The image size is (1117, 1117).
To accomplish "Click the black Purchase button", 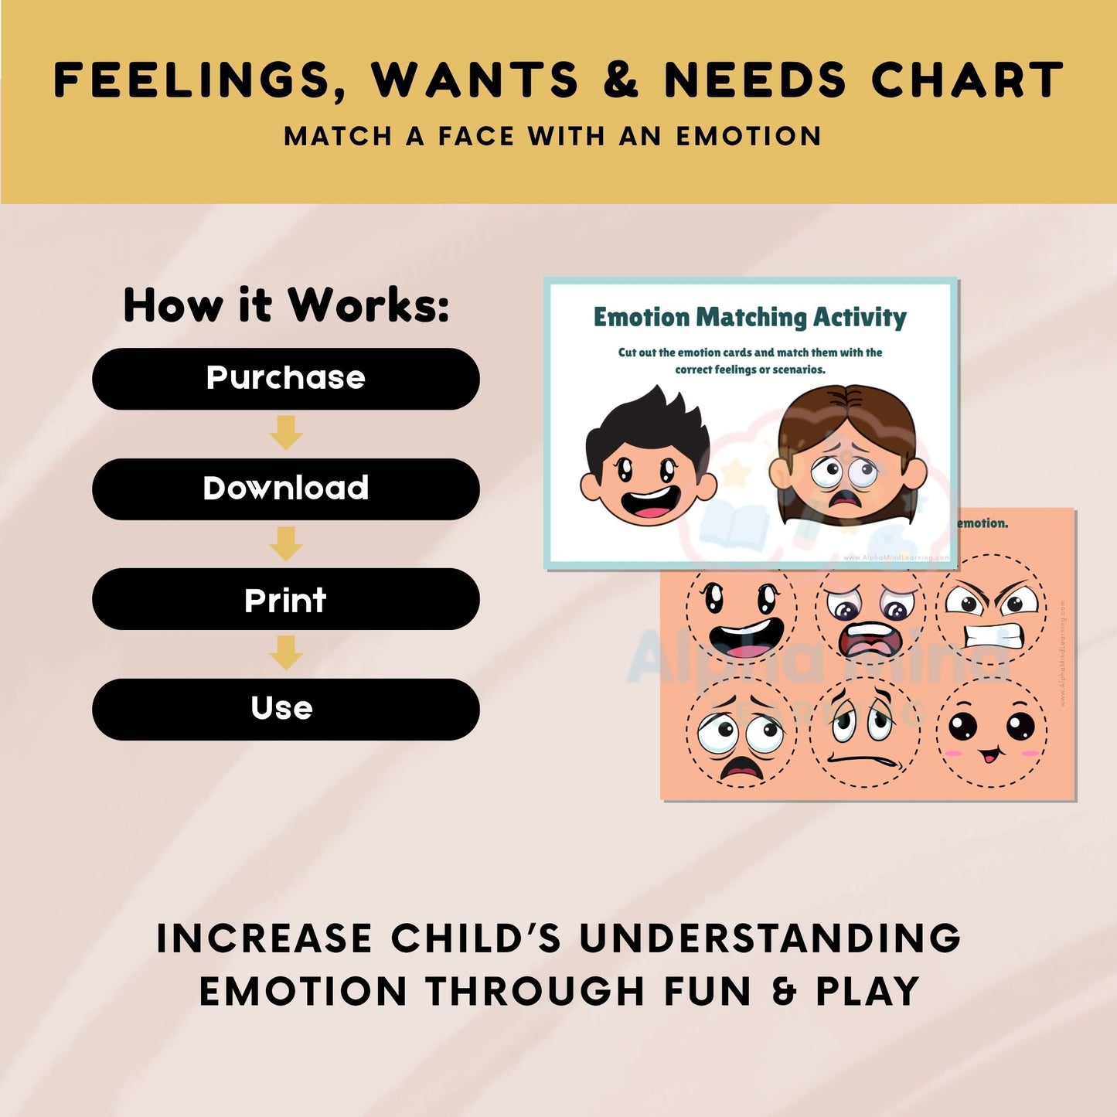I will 285,379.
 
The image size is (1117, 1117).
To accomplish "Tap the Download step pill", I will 285,489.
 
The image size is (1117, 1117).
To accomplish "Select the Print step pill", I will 285,600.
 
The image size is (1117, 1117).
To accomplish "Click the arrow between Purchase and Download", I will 285,433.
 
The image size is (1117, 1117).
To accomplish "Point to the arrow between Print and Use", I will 285,653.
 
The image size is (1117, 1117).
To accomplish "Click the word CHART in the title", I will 967,80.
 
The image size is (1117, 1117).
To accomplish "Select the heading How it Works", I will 286,305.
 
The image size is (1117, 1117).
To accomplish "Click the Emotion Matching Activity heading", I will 750,317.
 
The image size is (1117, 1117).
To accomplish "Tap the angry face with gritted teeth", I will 992,615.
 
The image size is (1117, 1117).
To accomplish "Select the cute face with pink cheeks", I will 992,732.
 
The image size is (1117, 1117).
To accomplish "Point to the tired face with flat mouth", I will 865,732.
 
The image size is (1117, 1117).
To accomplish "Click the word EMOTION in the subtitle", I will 748,137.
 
